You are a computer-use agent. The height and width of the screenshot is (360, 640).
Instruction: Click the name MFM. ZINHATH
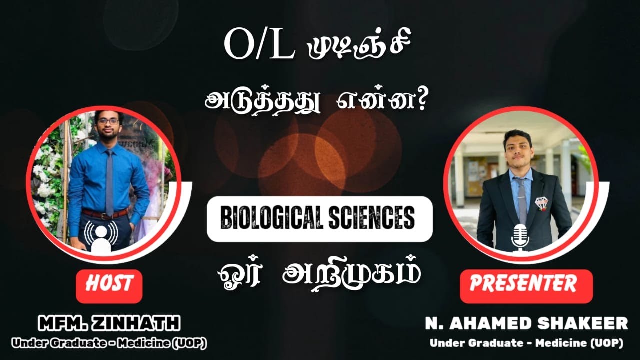point(109,324)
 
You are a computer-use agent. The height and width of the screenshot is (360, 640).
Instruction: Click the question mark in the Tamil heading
point(414,101)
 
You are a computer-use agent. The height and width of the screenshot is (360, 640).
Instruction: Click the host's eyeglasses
point(108,121)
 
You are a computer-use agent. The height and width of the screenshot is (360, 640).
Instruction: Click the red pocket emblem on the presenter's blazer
point(541,202)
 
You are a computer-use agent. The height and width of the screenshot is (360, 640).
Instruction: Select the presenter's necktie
point(521,200)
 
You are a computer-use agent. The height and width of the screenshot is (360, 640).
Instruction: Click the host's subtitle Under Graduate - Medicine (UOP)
point(109,344)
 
